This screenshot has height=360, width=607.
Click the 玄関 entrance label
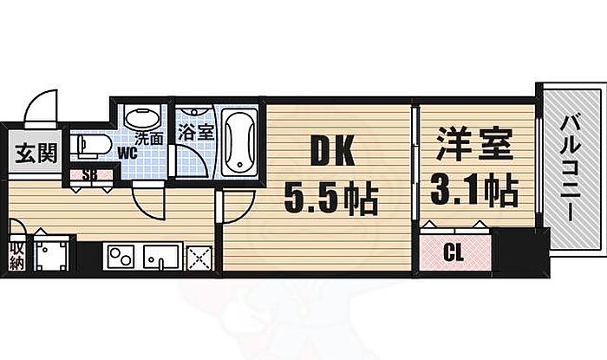36,154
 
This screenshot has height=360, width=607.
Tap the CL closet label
454,253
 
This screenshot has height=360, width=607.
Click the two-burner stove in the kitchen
119,257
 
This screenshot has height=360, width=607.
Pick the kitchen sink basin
161,257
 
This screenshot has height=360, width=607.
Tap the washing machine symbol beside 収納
51,254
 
